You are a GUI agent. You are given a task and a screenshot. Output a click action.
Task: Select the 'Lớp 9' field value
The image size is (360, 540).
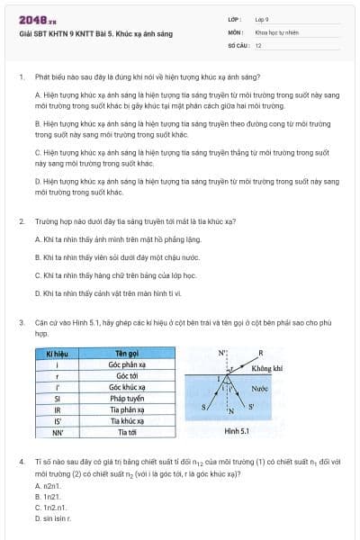click(x=262, y=19)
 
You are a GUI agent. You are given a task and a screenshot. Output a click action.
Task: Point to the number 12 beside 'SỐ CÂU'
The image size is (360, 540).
click(x=258, y=44)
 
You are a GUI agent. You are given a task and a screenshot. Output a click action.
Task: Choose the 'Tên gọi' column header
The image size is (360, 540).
click(x=126, y=353)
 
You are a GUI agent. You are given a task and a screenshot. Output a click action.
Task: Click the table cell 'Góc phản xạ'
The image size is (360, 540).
click(x=126, y=364)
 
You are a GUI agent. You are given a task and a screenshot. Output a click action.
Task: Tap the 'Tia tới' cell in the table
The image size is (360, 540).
click(x=126, y=432)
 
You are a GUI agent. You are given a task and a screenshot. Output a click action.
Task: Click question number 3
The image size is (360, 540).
click(x=21, y=321)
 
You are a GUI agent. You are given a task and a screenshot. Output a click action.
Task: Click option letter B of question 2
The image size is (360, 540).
click(x=37, y=256)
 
